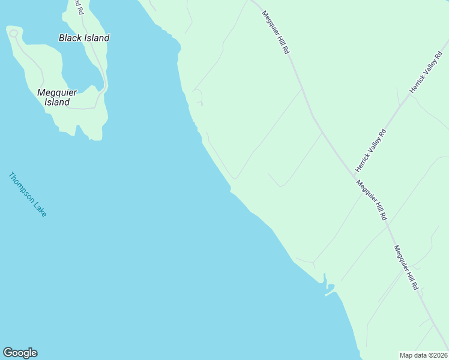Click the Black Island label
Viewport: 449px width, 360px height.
click(x=84, y=38)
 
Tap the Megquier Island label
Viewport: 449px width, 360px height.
click(x=57, y=97)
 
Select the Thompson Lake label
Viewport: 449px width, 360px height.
click(x=27, y=194)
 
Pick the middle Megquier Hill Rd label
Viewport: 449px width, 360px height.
click(x=372, y=200)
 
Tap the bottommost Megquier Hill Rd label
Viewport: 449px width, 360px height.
click(x=406, y=268)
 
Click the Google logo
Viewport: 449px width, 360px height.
click(x=20, y=353)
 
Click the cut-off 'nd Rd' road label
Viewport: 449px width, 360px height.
click(x=77, y=7)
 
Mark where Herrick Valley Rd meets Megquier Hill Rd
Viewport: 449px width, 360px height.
click(x=353, y=175)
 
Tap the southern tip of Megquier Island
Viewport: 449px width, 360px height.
click(x=95, y=138)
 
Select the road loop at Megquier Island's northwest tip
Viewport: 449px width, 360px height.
click(x=13, y=31)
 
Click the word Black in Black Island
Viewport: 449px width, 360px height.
click(x=70, y=38)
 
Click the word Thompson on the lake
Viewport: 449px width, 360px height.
click(x=21, y=187)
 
